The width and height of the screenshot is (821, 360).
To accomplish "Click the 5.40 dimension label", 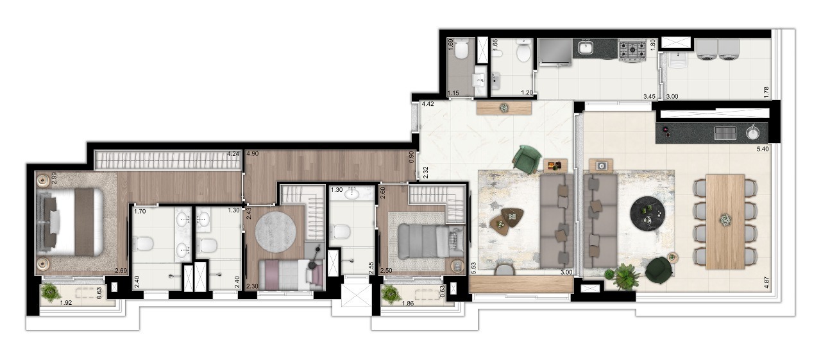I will pyautogui.click(x=763, y=149).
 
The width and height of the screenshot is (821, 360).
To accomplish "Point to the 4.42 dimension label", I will pyautogui.click(x=428, y=103).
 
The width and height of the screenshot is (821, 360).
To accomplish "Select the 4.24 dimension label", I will pyautogui.click(x=233, y=154).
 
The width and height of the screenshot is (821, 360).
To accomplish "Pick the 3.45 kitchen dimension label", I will pyautogui.click(x=650, y=96).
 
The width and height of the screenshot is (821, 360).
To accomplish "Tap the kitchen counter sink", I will pyautogui.click(x=585, y=47).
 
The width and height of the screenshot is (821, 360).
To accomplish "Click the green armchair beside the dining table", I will pyautogui.click(x=657, y=270).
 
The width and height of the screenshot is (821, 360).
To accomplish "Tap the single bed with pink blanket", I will pyautogui.click(x=287, y=273).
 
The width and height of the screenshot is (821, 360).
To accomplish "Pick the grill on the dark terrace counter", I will pyautogui.click(x=725, y=132).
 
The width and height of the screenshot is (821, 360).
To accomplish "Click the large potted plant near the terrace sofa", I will pyautogui.click(x=626, y=277).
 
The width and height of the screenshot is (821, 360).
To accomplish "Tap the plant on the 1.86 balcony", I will pyautogui.click(x=389, y=294).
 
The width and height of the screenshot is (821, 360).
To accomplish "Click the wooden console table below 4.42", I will pyautogui.click(x=504, y=108).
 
